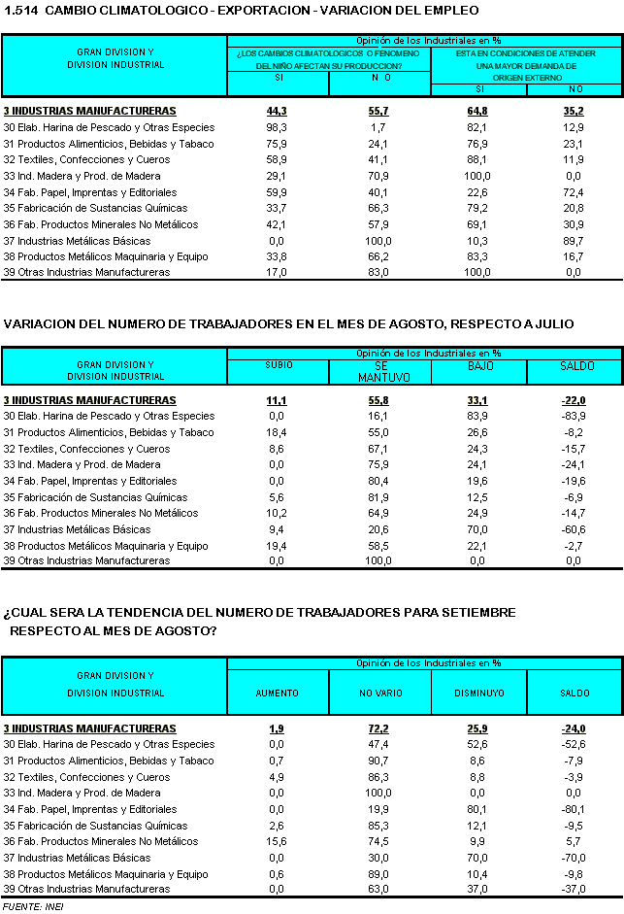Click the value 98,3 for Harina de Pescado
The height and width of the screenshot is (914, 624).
tap(277, 128)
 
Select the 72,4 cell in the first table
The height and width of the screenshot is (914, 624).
tap(573, 192)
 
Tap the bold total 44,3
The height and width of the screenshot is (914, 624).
tap(277, 112)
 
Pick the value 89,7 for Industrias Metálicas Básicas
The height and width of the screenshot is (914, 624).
tap(573, 241)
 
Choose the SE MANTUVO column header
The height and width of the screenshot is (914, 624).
tap(379, 371)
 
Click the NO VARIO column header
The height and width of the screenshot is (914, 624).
tap(379, 694)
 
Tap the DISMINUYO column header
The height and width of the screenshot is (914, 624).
tap(478, 694)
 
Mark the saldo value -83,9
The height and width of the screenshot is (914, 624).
tap(573, 416)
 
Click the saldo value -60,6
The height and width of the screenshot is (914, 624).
tap(573, 529)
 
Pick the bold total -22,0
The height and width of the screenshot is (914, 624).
tap(573, 400)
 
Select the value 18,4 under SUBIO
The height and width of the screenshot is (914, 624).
tap(277, 432)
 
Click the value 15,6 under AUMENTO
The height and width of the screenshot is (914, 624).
tap(277, 841)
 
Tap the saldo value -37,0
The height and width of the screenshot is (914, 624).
tap(573, 889)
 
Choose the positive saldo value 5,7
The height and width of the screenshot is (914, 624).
tap(575, 841)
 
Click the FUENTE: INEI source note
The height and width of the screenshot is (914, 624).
tap(26, 906)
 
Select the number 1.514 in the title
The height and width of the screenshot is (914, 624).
tap(20, 11)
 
